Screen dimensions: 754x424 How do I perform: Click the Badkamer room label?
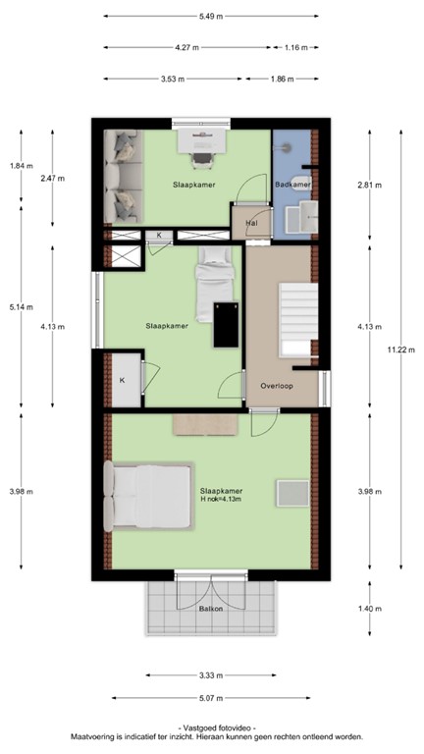[292, 185]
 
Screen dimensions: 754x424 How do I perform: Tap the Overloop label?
[278, 386]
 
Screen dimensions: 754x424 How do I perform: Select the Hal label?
[252, 224]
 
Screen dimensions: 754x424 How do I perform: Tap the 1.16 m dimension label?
[295, 47]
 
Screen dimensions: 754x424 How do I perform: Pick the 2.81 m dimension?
[368, 184]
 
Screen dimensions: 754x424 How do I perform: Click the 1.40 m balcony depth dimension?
[368, 610]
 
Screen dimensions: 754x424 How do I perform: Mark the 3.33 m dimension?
[209, 675]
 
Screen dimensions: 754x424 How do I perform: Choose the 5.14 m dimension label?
[20, 306]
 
